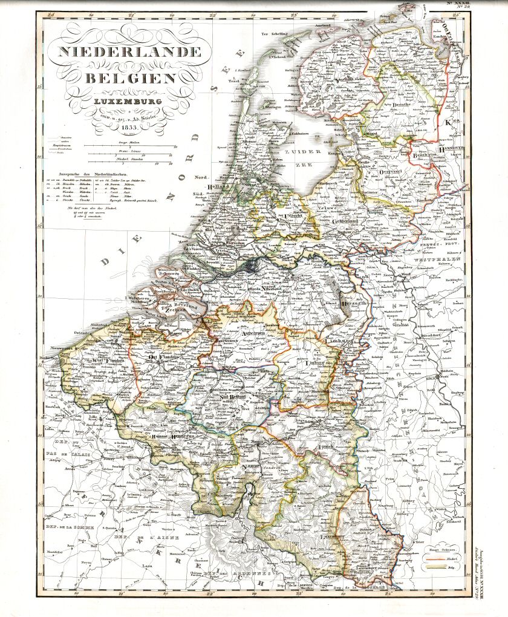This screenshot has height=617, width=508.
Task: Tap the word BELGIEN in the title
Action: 131,78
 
